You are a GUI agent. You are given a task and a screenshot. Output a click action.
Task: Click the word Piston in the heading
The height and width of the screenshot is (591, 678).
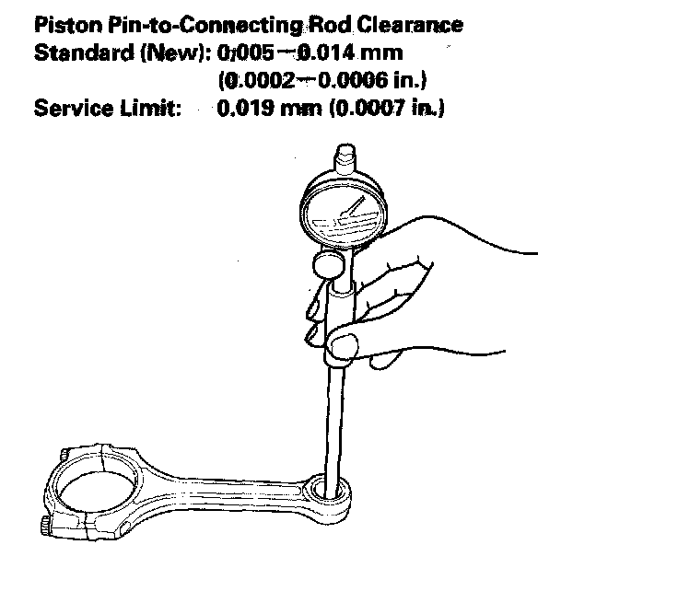coord(64,25)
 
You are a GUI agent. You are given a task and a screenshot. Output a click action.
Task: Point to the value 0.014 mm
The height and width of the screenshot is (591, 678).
coord(357,52)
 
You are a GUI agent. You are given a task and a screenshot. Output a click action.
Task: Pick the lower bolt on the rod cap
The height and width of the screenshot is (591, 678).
coord(46,527)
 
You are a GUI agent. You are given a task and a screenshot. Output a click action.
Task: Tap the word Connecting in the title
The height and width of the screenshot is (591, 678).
coord(221,25)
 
